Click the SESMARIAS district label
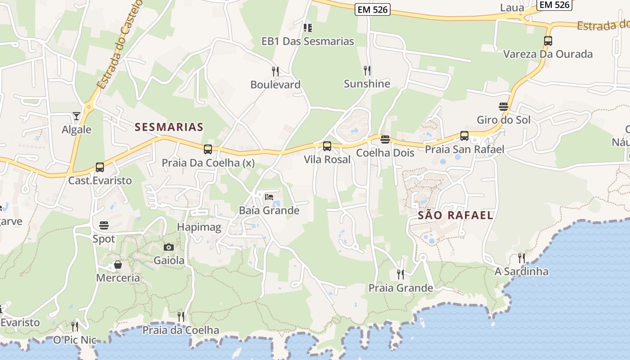click(169, 127)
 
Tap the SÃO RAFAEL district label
click(455, 215)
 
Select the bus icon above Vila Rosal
click(327, 146)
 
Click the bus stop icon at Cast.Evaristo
click(100, 167)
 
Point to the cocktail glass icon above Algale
click(76, 116)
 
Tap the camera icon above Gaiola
click(169, 247)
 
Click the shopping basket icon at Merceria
click(118, 265)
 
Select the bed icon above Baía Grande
click(269, 197)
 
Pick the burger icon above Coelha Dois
click(385, 139)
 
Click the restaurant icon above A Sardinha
click(521, 258)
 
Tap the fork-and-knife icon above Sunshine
click(367, 70)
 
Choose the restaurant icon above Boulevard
click(275, 71)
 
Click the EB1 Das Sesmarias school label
click(308, 41)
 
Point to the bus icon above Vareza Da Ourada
click(548, 41)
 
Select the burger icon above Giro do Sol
click(504, 107)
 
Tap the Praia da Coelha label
click(181, 330)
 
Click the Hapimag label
click(199, 227)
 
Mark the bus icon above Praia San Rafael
click(464, 136)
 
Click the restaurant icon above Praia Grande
click(400, 274)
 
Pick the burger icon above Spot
click(104, 225)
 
